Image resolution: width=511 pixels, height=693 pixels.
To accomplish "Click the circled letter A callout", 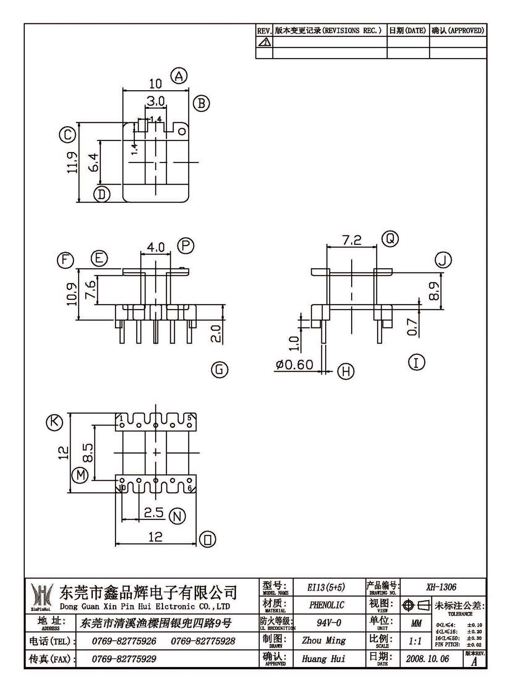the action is pos(179,76).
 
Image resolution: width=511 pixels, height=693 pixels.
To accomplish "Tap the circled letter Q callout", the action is pos(390,239).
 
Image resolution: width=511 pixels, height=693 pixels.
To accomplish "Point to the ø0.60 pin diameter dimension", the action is pos(294,365).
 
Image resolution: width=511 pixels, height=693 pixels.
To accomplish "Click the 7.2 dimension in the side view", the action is pos(352,240).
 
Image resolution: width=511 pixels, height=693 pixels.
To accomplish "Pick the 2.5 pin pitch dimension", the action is pos(154,513).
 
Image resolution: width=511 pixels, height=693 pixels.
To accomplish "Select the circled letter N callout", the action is pos(177,516).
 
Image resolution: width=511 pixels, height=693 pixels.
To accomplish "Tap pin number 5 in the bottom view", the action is pos(189,418).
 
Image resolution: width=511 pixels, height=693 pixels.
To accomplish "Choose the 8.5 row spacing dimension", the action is pos(88,453).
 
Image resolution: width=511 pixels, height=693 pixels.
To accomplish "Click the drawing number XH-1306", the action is pos(441,587).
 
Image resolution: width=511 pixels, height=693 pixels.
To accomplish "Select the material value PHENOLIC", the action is pos(326,604).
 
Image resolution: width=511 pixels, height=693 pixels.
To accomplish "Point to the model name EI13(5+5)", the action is pos(326,587).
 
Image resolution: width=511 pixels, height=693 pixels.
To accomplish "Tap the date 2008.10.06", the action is pos(427,658).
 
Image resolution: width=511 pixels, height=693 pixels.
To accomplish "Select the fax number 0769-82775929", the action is pos(124,659).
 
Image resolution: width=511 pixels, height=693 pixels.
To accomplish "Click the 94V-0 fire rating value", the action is pos(329,622).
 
